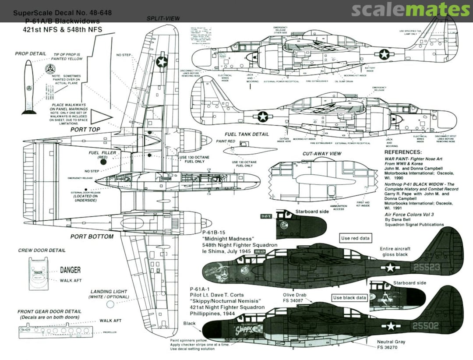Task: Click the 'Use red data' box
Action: pos(355,239)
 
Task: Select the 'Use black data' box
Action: pos(349,298)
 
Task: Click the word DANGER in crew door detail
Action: pos(70,270)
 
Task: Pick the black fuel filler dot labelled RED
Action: pos(103,162)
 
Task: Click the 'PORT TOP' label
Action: pos(86,130)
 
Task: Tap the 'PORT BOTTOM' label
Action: pos(92,236)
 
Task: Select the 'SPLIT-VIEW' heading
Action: pos(163,18)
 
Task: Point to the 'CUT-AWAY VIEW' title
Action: pos(322,154)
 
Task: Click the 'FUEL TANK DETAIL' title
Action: pos(247,134)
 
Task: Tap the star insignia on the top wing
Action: pos(162,62)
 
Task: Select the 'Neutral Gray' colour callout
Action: pos(391,342)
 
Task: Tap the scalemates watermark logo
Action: pos(410,10)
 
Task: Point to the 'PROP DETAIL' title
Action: pos(30,54)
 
